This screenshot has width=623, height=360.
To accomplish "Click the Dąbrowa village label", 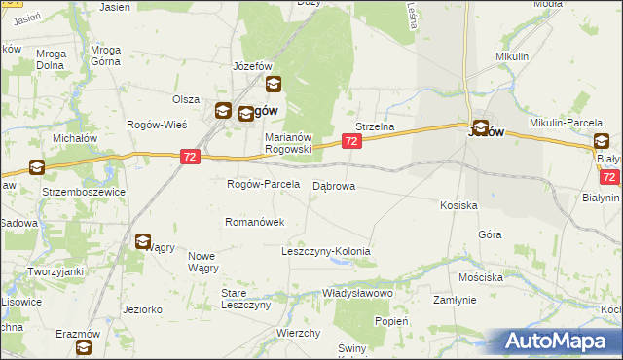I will coord(334,185).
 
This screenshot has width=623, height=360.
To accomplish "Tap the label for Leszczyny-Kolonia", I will coord(326,251).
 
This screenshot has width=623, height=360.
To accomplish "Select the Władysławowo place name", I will coord(357,292).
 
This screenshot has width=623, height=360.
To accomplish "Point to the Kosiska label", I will coord(458,205).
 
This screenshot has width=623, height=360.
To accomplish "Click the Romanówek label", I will coord(254,222).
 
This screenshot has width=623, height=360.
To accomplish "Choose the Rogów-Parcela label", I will coord(262,184).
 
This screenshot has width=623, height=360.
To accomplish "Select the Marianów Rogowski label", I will coord(288,143).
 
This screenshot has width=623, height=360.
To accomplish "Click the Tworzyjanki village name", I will coord(55,271).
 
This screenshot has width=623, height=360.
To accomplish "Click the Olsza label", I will coord(186,100).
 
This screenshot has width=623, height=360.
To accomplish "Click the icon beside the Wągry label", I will coord(143,242).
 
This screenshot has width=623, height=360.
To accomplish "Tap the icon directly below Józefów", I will coord(275,85).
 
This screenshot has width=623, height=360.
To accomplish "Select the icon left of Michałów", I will coord(36,166).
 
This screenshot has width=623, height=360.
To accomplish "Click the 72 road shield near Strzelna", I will coord(352,142).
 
